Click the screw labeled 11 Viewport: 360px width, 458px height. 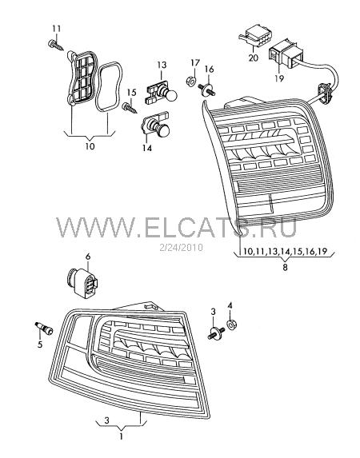click(x=55, y=45)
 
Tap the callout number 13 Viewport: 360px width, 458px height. click(x=162, y=65)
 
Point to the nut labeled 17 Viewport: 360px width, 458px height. click(x=190, y=81)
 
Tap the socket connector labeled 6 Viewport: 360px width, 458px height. click(x=82, y=283)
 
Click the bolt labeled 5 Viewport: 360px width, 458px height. click(x=43, y=329)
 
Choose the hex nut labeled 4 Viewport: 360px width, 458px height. click(x=232, y=325)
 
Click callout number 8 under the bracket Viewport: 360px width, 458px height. click(x=285, y=267)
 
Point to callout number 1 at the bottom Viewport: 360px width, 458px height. click(x=121, y=436)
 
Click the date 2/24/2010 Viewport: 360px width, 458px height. click(x=181, y=248)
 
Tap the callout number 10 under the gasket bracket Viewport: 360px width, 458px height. click(x=90, y=146)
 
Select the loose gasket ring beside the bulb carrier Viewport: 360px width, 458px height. click(x=108, y=87)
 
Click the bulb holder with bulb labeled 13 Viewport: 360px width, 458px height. click(x=161, y=94)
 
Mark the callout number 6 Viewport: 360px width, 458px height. click(x=88, y=257)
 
